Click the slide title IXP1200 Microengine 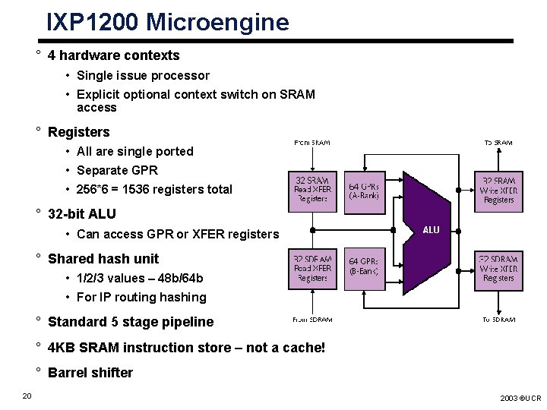click(x=167, y=21)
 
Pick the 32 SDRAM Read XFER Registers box click(x=312, y=269)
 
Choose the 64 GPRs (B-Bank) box click(x=365, y=269)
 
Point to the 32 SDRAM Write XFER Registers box click(x=498, y=269)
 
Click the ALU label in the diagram click(x=431, y=229)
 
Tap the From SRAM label click(x=311, y=142)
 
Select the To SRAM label click(x=498, y=142)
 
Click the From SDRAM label click(x=312, y=320)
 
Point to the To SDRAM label click(x=498, y=320)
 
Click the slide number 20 click(x=27, y=395)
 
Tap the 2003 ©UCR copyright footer click(x=520, y=398)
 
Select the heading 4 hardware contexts click(x=113, y=55)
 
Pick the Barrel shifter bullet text click(x=90, y=373)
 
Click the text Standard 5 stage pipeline click(x=131, y=322)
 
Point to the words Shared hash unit click(x=103, y=259)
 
